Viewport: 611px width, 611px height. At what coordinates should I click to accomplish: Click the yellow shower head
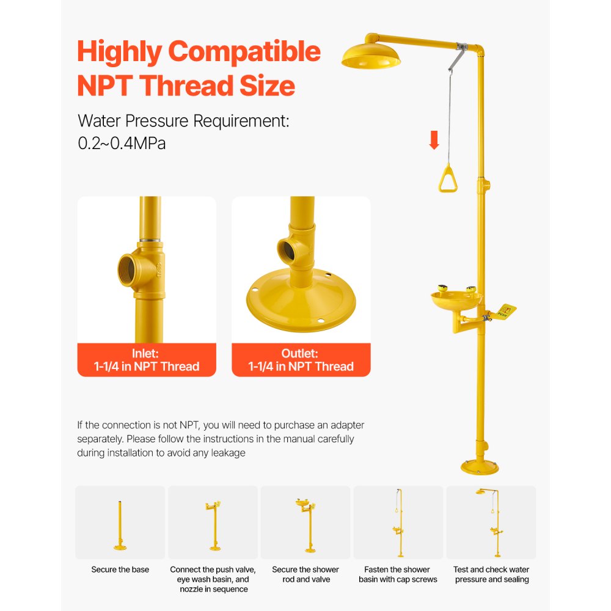pyautogui.click(x=371, y=56)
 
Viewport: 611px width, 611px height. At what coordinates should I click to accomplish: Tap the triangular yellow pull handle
pyautogui.click(x=448, y=179)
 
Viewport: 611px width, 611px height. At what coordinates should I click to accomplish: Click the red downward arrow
pyautogui.click(x=434, y=140)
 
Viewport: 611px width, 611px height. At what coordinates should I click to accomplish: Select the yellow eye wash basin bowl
pyautogui.click(x=455, y=300)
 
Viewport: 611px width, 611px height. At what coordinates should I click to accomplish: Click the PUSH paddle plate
pyautogui.click(x=505, y=312)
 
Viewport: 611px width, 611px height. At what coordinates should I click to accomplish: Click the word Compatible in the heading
pyautogui.click(x=244, y=52)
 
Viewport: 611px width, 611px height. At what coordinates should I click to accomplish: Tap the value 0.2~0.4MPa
pyautogui.click(x=122, y=144)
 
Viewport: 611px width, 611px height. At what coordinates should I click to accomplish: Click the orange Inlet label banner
pyautogui.click(x=147, y=360)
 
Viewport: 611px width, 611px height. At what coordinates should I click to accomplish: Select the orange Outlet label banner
pyautogui.click(x=301, y=360)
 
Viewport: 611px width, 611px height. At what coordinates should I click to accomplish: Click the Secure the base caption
pyautogui.click(x=120, y=569)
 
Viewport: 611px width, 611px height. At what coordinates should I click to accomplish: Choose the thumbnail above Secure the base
pyautogui.click(x=120, y=522)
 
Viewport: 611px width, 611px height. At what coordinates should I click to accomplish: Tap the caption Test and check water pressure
pyautogui.click(x=491, y=574)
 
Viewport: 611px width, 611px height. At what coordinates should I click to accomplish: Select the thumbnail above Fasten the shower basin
pyautogui.click(x=398, y=522)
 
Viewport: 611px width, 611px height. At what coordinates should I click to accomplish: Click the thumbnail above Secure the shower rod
pyautogui.click(x=305, y=522)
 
